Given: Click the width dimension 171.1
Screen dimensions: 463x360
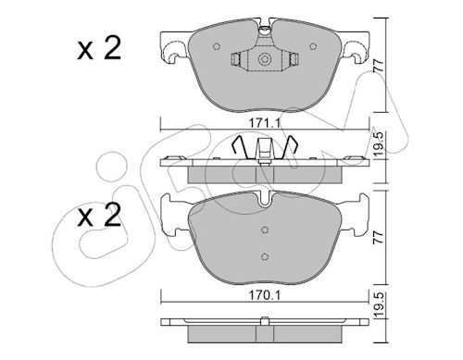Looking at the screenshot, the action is [x=265, y=123].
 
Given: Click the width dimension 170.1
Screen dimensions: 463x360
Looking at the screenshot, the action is [x=265, y=296].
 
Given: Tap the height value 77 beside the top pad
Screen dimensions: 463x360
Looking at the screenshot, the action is [x=379, y=66].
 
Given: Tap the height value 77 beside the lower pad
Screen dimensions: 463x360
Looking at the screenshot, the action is [x=379, y=238].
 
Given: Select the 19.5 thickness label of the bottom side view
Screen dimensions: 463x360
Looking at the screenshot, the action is [x=380, y=304].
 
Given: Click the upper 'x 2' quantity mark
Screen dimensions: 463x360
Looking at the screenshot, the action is [x=99, y=49].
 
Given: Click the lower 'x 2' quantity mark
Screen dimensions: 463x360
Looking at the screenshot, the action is [x=99, y=216].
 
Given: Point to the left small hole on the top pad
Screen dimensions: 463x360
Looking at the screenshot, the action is [x=217, y=46].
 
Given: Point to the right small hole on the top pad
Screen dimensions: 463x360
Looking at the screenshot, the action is [x=313, y=46].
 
